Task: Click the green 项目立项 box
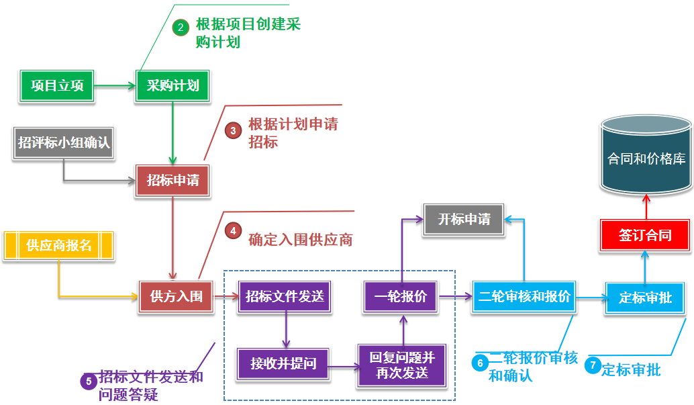click(x=56, y=86)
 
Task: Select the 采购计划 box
click(x=172, y=86)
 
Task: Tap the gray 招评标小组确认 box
click(x=64, y=143)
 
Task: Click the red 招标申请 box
click(x=172, y=181)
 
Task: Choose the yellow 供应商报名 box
click(x=59, y=245)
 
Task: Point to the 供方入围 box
click(x=176, y=296)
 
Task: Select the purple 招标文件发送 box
click(x=285, y=296)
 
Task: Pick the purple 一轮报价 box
click(x=400, y=296)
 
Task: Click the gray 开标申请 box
click(x=464, y=220)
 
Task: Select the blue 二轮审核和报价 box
click(x=524, y=296)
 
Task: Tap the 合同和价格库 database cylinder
click(x=646, y=155)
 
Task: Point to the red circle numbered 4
click(x=232, y=230)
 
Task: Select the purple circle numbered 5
click(x=88, y=381)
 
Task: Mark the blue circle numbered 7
click(x=591, y=365)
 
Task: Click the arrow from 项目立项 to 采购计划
click(x=115, y=86)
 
